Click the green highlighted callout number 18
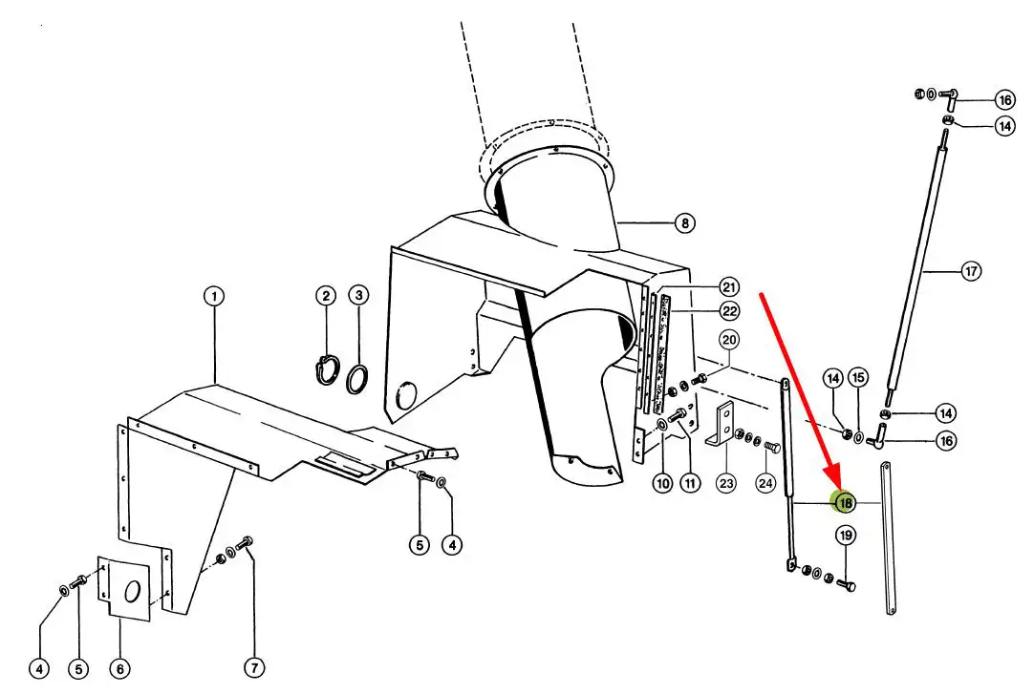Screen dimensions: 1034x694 pos(845,504)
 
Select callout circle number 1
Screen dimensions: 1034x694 pos(214,296)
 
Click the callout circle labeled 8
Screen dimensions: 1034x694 pos(685,223)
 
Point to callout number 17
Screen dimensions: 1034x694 pos(971,270)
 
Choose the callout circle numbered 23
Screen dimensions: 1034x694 pos(726,483)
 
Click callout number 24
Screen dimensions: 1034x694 pos(765,483)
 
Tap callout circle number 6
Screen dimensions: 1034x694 pos(120,669)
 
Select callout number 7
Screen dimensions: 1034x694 pos(254,667)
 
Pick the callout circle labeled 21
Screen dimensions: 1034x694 pos(729,287)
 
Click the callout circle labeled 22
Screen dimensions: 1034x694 pos(729,311)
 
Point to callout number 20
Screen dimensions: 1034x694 pos(729,340)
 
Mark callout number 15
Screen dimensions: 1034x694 pos(858,377)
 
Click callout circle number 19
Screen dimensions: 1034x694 pos(846,536)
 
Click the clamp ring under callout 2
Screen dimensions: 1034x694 pos(327,369)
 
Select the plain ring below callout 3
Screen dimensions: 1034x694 pos(356,380)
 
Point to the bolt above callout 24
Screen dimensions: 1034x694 pos(771,449)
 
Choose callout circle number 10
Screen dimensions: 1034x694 pos(663,483)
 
